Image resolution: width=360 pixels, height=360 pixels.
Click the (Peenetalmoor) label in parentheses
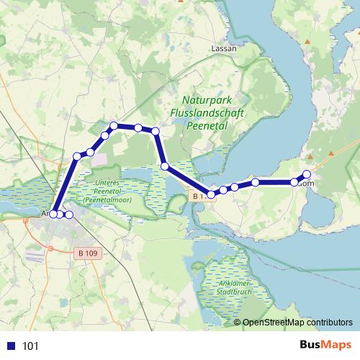pos(107,199)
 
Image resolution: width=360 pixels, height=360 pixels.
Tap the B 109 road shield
pos(86,253)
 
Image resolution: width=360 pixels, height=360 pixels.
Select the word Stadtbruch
pos(235,293)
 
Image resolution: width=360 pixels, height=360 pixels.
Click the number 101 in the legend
pos(31,346)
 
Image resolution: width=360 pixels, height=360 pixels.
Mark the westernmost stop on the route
pos(53,214)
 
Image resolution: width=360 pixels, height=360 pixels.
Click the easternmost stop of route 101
pos(307,174)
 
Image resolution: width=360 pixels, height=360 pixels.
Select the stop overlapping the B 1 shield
pos(211,194)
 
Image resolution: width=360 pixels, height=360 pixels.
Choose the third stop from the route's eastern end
pos(256,182)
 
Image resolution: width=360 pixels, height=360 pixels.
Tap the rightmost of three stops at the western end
pos(69,215)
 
